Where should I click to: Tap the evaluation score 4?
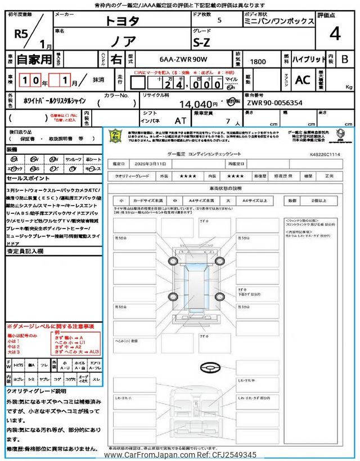tap(335, 34)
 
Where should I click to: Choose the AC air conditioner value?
tap(303, 80)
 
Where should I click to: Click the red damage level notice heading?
tap(51, 326)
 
